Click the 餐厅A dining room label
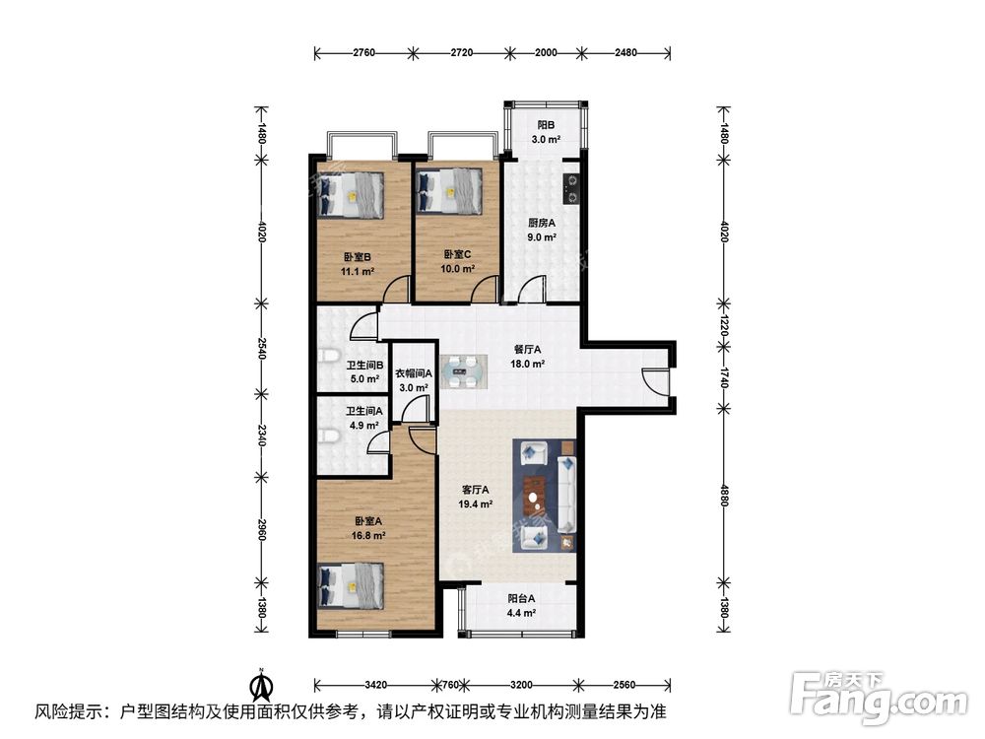(x=529, y=355)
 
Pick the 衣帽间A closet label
(x=414, y=380)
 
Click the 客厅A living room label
(x=477, y=497)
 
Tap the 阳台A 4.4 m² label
(x=521, y=605)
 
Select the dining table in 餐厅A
(x=462, y=370)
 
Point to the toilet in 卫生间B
(x=328, y=357)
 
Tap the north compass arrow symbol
(x=260, y=684)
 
